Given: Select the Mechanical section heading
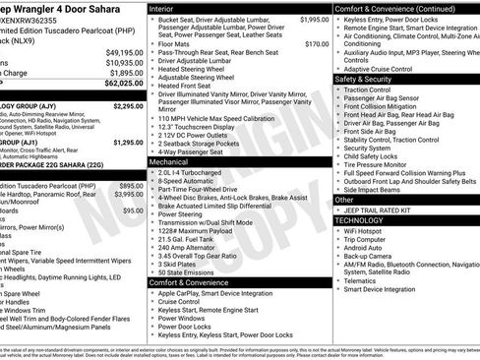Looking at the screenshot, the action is pos(174,160).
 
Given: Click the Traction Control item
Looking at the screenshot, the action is pos(374,90).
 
